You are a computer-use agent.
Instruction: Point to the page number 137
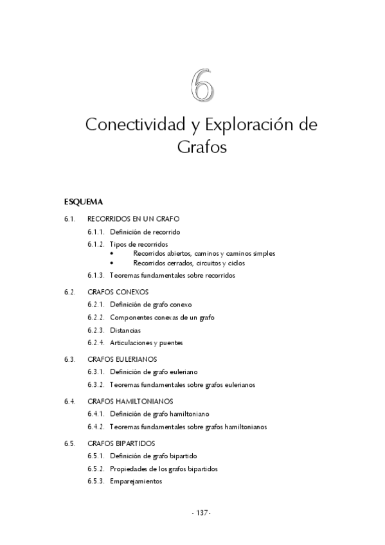tap(201, 512)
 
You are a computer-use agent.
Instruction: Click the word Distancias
tap(125, 330)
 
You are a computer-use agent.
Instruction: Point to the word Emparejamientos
tap(136, 481)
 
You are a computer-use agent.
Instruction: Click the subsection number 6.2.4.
tap(96, 343)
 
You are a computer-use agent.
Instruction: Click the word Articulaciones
tap(131, 343)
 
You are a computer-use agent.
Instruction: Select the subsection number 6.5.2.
tap(96, 469)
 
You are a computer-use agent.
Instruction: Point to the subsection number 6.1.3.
tap(96, 275)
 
